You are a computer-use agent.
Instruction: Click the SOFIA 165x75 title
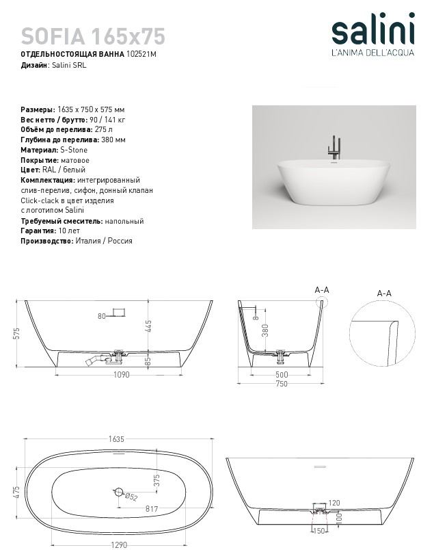(x=93, y=36)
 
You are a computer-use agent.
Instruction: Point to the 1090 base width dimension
(x=120, y=375)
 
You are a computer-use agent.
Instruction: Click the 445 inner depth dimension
(x=148, y=327)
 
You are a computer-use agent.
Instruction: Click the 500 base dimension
(x=282, y=375)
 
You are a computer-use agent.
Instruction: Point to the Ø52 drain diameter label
(x=131, y=497)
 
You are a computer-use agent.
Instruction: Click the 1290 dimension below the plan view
(x=120, y=545)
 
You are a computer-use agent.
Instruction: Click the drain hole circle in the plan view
(x=120, y=492)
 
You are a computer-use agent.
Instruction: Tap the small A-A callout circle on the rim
(x=326, y=300)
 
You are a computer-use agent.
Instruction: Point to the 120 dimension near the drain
(x=334, y=503)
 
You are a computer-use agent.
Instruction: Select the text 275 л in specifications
(x=103, y=129)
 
